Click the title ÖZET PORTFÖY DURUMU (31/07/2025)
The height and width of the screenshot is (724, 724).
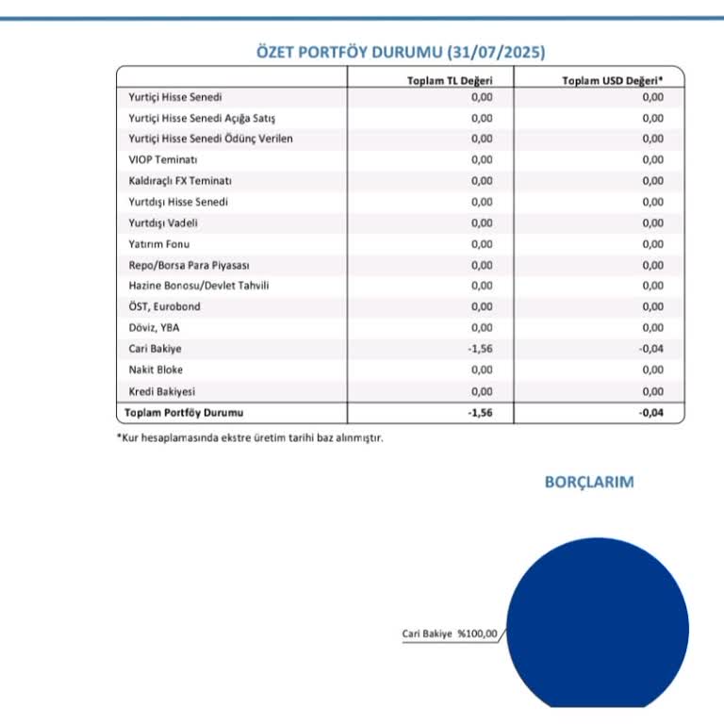(x=402, y=52)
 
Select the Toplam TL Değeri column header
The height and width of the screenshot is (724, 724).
(x=449, y=81)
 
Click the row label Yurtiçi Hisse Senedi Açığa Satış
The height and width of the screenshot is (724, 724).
(x=203, y=118)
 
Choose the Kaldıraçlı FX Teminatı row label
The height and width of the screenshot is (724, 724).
(x=180, y=180)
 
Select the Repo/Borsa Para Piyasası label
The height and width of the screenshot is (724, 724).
(x=189, y=265)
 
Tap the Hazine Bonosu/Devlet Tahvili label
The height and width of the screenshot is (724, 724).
(x=199, y=286)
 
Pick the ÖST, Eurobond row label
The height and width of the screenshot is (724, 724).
(x=164, y=306)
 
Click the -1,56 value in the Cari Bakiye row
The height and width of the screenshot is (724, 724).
(x=480, y=349)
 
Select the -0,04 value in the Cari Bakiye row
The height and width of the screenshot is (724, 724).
(x=650, y=349)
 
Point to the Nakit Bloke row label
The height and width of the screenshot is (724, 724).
(x=156, y=370)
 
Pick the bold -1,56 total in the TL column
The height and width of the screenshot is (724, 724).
(x=480, y=413)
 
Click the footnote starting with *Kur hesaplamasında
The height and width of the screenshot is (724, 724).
(x=249, y=438)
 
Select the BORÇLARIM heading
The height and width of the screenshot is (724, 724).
(x=589, y=482)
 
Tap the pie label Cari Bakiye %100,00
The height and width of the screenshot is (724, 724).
(x=449, y=633)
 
